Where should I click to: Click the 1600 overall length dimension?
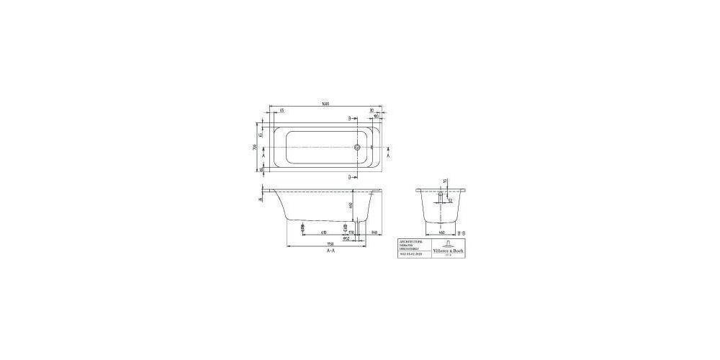pos(325,105)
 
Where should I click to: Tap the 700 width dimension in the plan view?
pos(254,148)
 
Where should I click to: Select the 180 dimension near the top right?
pos(375,116)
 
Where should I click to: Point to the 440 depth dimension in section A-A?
pos(351,206)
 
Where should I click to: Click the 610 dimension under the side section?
pos(324,232)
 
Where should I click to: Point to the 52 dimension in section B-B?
pos(449,202)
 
